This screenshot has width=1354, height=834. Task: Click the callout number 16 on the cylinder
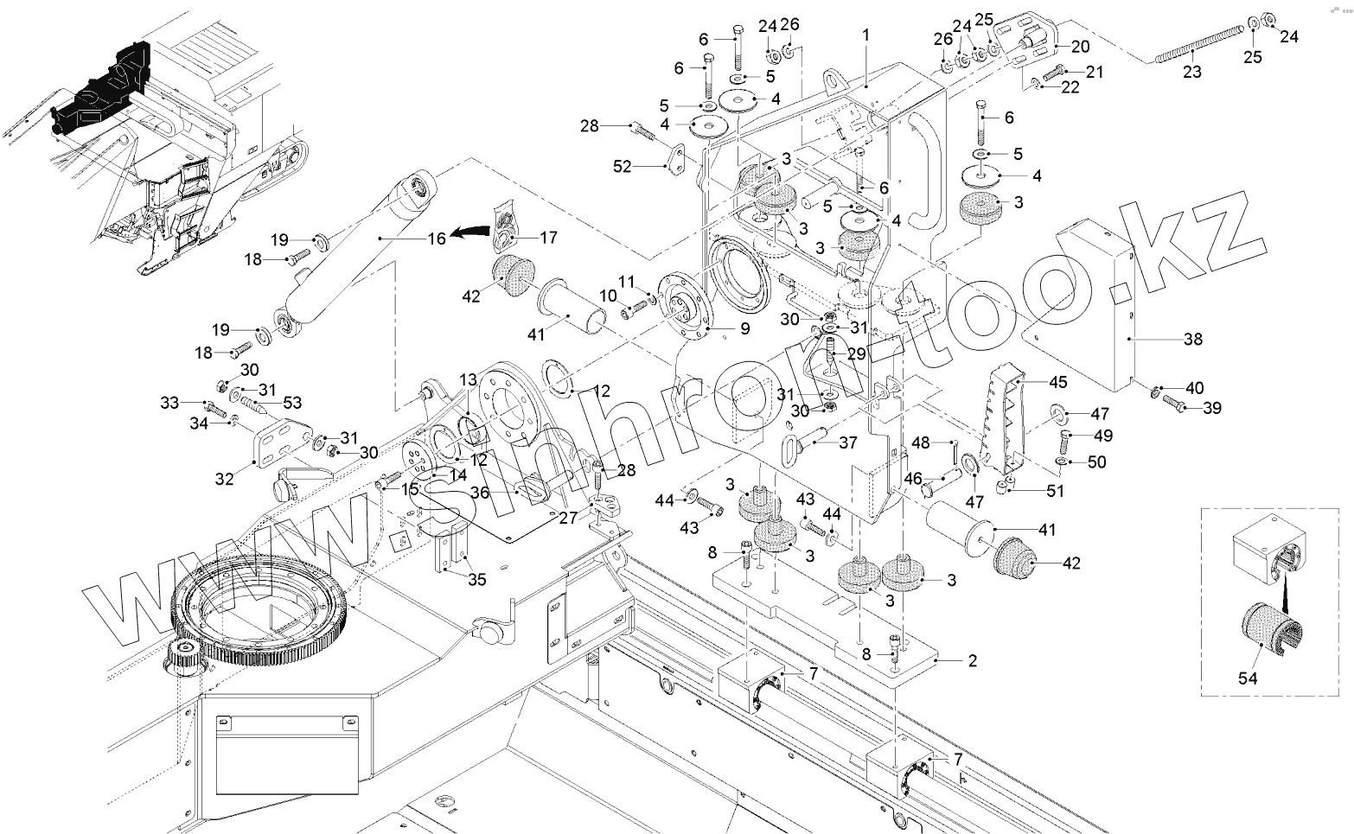(x=437, y=237)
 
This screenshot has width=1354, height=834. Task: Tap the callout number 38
(x=1193, y=340)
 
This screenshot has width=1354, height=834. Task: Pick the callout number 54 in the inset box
(x=1248, y=678)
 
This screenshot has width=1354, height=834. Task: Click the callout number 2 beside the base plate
(x=973, y=661)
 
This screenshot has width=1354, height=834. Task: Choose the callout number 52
(x=623, y=168)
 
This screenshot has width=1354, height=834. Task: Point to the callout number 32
(x=224, y=478)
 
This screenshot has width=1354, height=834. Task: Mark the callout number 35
(x=476, y=579)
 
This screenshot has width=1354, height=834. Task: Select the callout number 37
(x=848, y=443)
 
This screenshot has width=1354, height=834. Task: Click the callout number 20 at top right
(x=1081, y=46)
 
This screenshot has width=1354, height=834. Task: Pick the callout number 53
(x=293, y=403)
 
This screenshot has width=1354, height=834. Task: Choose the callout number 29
(x=856, y=354)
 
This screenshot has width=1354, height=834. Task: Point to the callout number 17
(x=548, y=238)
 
